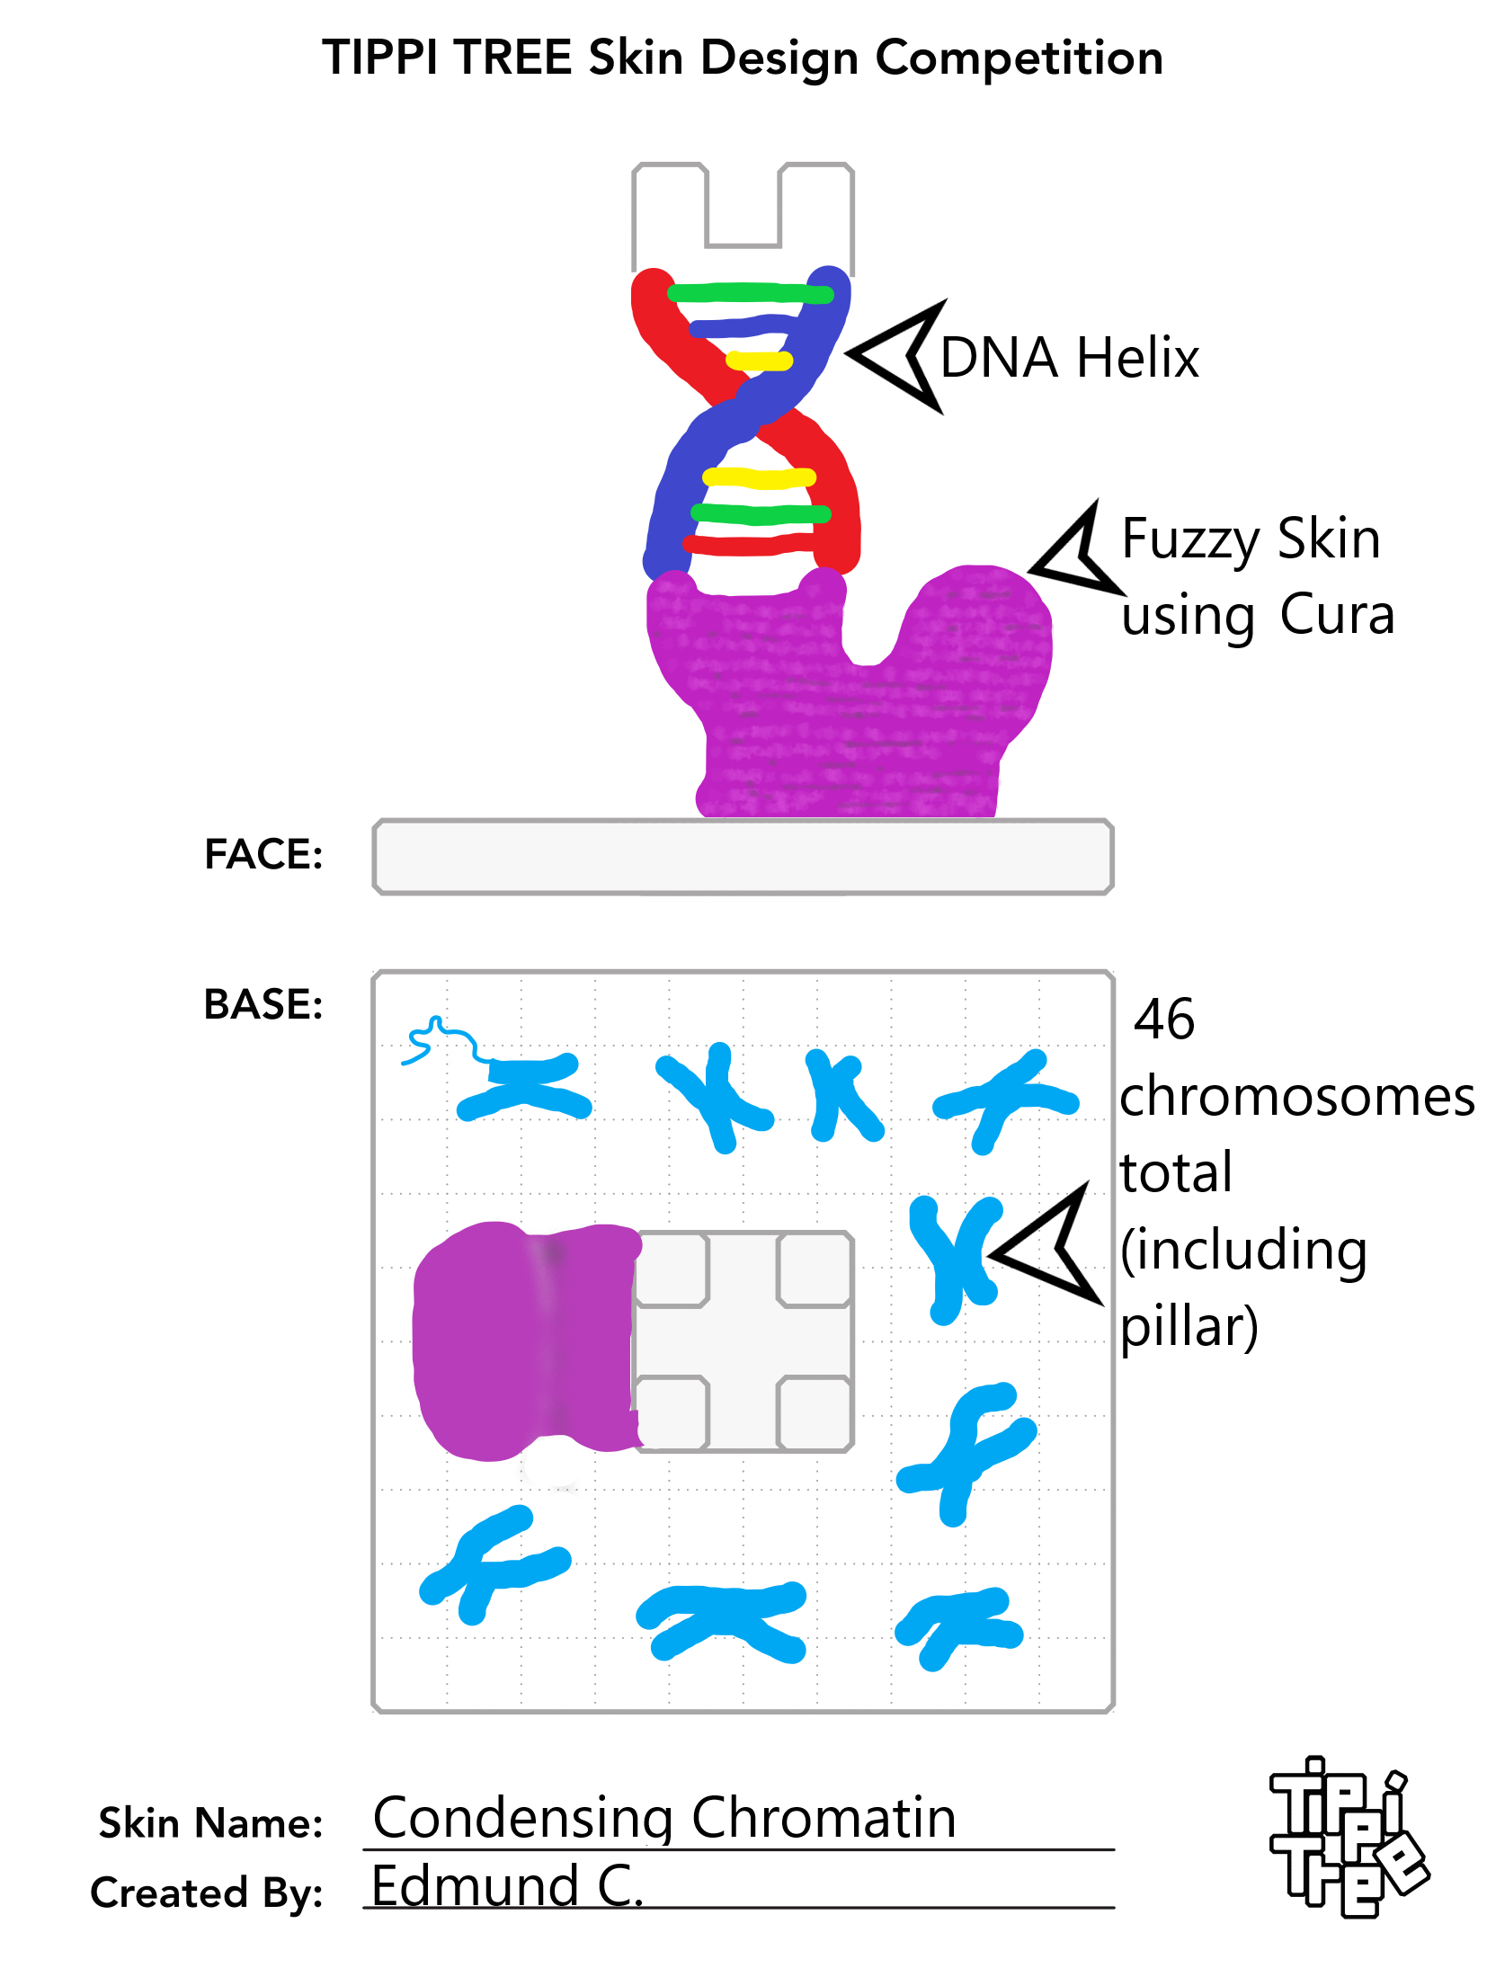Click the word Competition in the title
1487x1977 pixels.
[1019, 59]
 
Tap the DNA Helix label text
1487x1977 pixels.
[1069, 358]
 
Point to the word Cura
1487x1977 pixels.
[1337, 615]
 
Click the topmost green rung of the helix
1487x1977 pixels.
[750, 293]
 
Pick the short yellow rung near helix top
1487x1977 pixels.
[759, 361]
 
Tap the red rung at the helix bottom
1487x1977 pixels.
[752, 544]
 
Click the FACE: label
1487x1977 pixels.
[263, 854]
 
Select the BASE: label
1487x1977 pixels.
[263, 1004]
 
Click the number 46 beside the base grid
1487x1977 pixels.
[1164, 1020]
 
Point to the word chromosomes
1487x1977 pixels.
[1297, 1098]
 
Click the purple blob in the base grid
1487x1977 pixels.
[526, 1340]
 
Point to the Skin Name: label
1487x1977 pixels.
[210, 1823]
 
